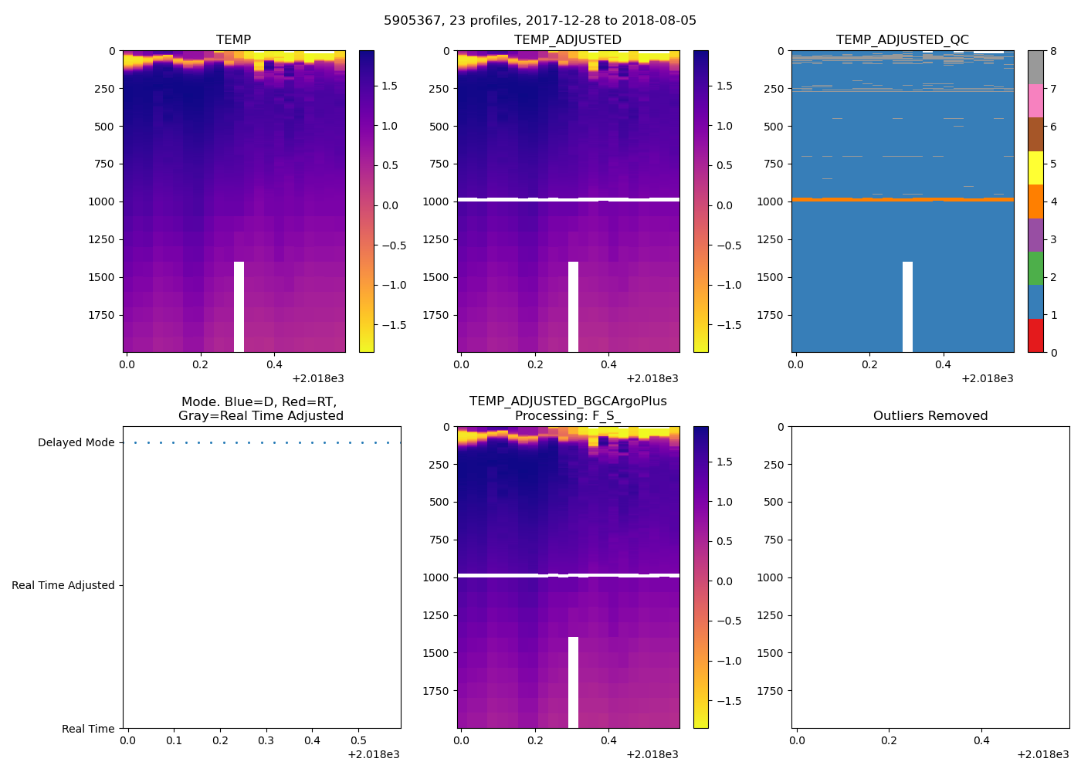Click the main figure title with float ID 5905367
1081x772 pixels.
(540, 21)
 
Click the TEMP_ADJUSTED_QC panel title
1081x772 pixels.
(902, 40)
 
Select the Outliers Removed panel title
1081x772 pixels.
(930, 416)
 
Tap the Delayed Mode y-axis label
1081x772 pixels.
(76, 443)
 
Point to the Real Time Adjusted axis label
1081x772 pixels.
(63, 586)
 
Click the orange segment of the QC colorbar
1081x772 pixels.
(1035, 201)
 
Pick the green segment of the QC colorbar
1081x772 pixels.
(1035, 269)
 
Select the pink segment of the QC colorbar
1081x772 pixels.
(1035, 100)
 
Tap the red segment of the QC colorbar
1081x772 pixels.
(1035, 336)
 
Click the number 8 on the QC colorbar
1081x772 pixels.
(1053, 51)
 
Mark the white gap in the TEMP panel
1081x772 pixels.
(239, 306)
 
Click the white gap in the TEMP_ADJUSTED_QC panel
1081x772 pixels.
(907, 306)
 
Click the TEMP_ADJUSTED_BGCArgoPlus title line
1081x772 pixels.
(568, 401)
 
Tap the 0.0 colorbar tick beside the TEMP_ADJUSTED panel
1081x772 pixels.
(724, 205)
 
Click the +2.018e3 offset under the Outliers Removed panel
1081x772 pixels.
(1042, 754)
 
